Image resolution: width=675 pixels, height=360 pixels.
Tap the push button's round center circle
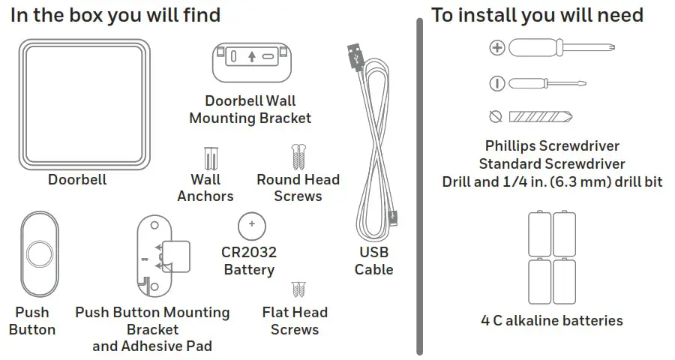click(x=39, y=256)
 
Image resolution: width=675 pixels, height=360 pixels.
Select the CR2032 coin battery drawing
click(x=252, y=224)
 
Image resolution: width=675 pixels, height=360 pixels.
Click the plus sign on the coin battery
click(x=252, y=223)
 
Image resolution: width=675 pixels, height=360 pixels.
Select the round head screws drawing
click(x=298, y=157)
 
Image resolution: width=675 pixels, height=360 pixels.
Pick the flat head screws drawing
click(x=298, y=289)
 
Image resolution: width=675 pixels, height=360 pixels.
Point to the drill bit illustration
click(x=540, y=117)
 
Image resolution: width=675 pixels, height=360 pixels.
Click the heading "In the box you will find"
click(x=115, y=15)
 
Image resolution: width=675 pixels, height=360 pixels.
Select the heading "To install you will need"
click(x=537, y=15)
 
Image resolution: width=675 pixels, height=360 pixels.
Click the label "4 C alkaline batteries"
click(x=551, y=321)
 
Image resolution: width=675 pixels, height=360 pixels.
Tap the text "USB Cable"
click(x=373, y=261)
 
